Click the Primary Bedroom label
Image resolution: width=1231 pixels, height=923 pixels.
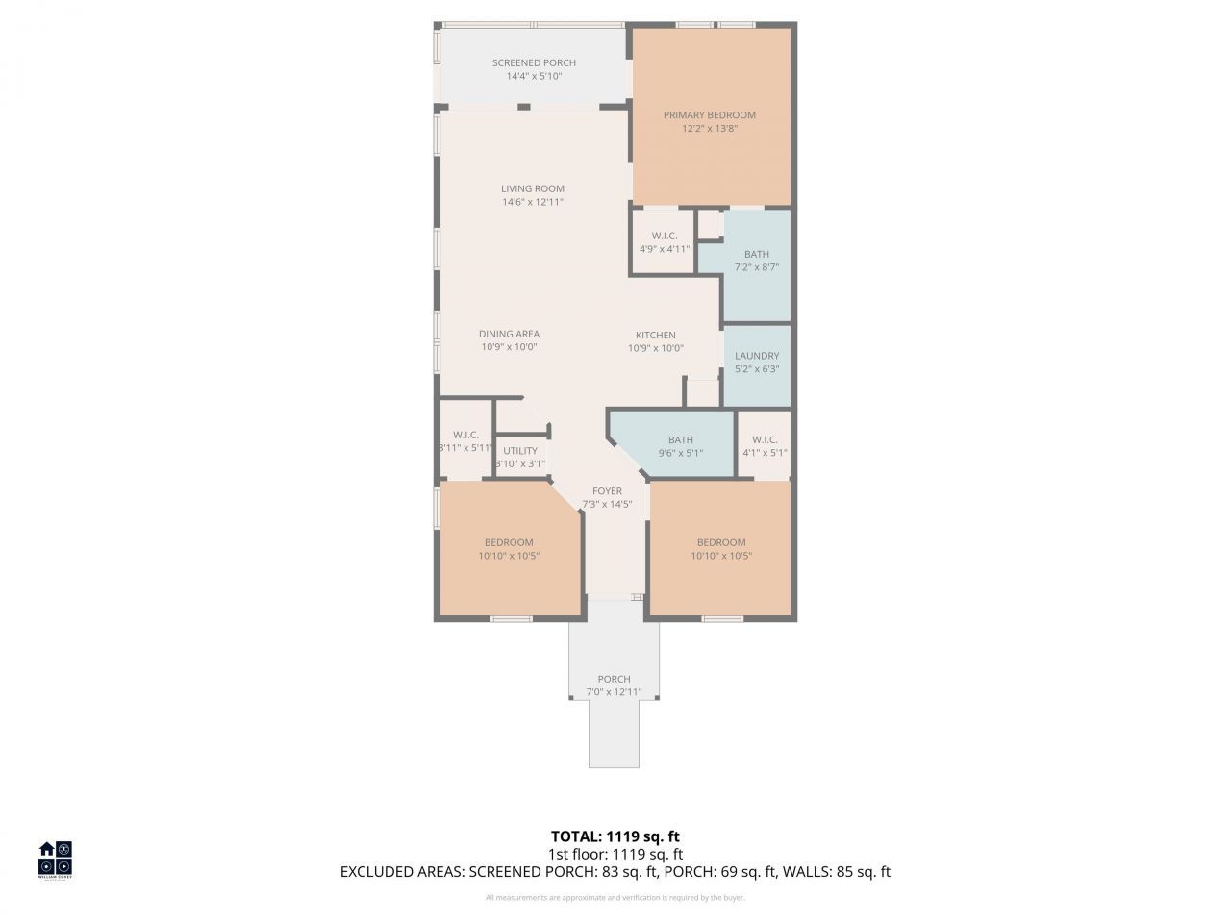click(710, 115)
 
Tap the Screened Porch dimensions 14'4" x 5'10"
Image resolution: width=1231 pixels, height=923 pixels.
click(534, 76)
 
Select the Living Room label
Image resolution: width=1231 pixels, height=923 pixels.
click(532, 188)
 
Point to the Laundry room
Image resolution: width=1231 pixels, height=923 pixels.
click(757, 362)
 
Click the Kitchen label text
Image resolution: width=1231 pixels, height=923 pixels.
click(655, 336)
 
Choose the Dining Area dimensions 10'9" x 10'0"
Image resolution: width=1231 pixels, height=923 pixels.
click(508, 347)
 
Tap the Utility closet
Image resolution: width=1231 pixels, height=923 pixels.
click(520, 457)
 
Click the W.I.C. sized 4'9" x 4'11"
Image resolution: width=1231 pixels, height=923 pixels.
click(664, 241)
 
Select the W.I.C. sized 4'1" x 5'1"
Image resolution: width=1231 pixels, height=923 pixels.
click(765, 446)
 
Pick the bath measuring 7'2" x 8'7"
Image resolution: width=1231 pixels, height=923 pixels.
click(757, 261)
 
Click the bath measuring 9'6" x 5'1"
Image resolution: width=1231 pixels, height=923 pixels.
click(680, 446)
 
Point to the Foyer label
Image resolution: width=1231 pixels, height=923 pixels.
click(607, 491)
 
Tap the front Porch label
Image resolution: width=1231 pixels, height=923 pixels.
click(614, 679)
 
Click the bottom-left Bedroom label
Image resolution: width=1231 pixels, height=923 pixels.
click(509, 542)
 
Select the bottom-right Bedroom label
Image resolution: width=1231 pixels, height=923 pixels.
click(721, 542)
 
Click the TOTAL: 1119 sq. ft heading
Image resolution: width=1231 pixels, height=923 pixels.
click(615, 836)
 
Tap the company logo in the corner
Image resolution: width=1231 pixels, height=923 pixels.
click(55, 859)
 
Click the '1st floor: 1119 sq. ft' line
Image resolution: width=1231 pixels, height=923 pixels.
click(615, 854)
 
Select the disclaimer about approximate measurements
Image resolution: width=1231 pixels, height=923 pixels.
click(615, 898)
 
